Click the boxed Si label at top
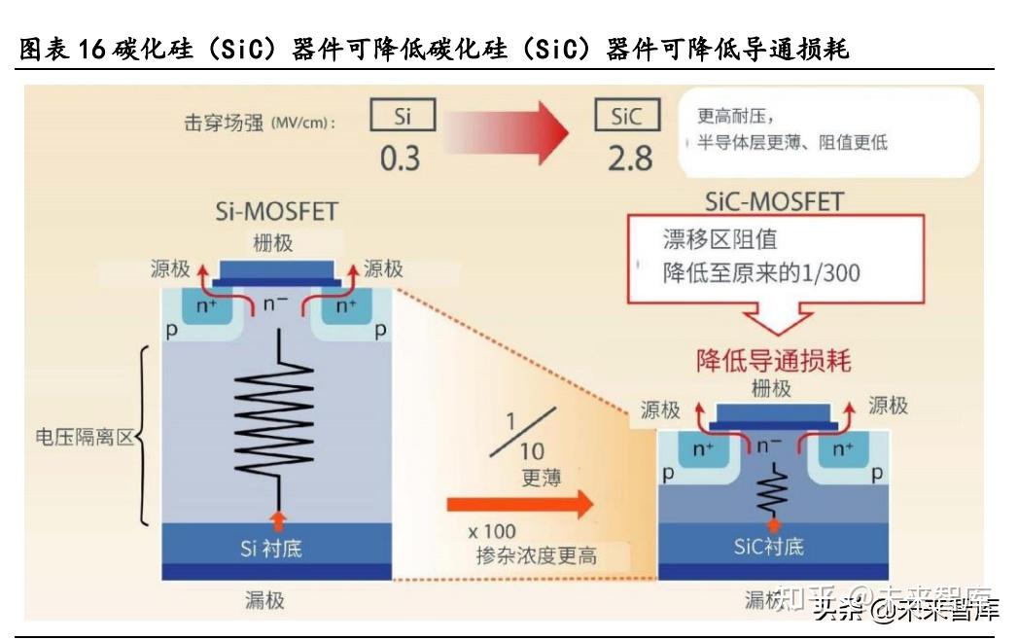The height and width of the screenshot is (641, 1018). pos(404,117)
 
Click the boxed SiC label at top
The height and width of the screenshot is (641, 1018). pos(627,117)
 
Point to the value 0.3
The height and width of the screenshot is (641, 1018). pos(400,158)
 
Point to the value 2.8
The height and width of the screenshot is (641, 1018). pos(630,158)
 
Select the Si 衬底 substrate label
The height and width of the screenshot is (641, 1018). pos(271,548)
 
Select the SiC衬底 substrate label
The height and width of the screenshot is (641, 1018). pos(769,546)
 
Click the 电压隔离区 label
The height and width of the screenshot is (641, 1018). pos(83,437)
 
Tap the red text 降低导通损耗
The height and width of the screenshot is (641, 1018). pos(774,361)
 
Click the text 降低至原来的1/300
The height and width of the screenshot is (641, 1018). pos(761,273)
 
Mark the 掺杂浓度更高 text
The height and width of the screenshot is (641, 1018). pos(537,555)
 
